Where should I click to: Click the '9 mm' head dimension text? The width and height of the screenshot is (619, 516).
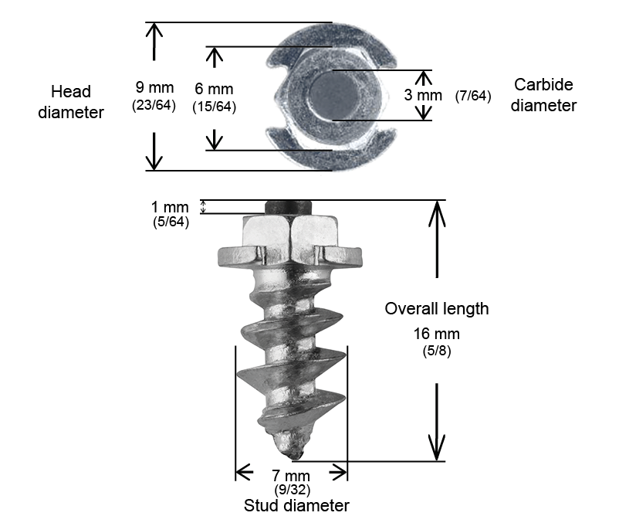tap(154, 87)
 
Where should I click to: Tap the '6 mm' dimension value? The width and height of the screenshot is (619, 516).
tap(214, 90)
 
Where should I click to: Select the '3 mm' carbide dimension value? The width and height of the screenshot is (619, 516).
tap(424, 96)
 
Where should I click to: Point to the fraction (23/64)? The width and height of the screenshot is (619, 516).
tap(154, 106)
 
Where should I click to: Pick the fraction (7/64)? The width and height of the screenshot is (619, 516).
tap(473, 97)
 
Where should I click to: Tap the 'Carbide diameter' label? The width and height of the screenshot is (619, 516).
tap(543, 95)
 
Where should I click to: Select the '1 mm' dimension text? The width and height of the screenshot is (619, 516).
tap(170, 207)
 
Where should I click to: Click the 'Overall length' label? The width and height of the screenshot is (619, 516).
tap(437, 309)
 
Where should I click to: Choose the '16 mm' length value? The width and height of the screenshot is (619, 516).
tap(437, 334)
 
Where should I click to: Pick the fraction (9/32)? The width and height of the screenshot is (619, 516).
tap(293, 489)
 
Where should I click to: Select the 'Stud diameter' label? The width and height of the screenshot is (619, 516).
tap(296, 506)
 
